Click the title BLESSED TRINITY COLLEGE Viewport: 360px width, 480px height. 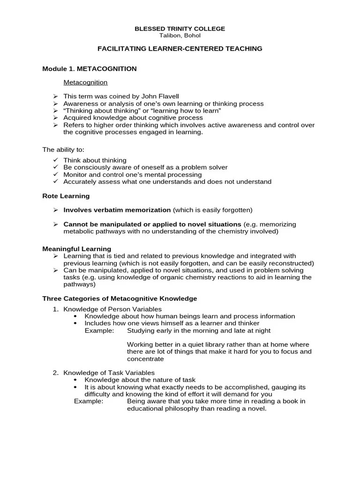[180, 29]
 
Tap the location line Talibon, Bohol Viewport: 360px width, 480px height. [180, 35]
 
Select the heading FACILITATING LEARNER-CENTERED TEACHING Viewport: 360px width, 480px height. [180, 49]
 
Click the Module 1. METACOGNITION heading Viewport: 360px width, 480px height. [90, 69]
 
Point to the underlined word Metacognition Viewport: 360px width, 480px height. [85, 82]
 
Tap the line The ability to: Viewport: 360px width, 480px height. [64, 150]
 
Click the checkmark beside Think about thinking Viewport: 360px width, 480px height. [55, 160]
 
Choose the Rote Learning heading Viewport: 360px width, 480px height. [66, 196]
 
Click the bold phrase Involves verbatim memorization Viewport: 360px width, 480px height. [117, 210]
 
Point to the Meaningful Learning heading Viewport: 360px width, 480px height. [77, 249]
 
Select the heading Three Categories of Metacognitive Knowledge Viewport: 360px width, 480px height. [120, 299]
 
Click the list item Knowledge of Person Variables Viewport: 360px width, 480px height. [112, 309]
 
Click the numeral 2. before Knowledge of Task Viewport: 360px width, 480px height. [55, 373]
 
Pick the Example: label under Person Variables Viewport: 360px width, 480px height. [99, 330]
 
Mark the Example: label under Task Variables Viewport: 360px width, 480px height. [89, 401]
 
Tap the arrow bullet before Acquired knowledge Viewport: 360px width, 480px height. [55, 118]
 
